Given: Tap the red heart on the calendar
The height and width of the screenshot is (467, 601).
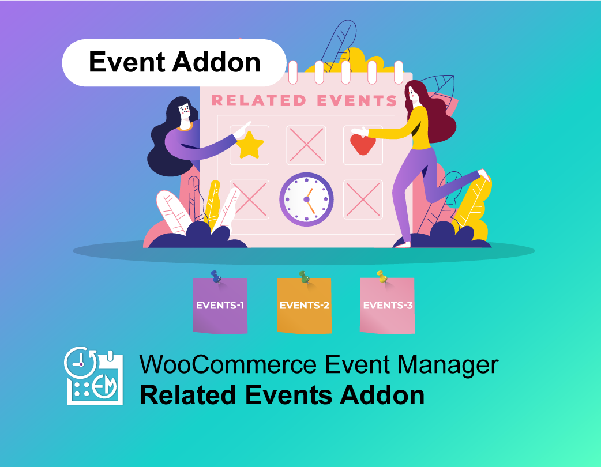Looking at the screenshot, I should tap(363, 144).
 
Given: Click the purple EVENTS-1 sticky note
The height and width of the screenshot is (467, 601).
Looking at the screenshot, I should tap(220, 306).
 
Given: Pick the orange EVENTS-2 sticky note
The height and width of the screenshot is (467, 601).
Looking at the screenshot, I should tap(304, 306).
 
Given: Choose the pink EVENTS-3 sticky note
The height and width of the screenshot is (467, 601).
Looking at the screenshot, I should tap(388, 306).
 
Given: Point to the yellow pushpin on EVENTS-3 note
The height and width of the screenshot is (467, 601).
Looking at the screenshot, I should tap(381, 276).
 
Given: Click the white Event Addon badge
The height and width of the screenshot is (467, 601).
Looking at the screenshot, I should tap(174, 63).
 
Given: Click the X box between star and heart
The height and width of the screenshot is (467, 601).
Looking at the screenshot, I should tap(306, 145).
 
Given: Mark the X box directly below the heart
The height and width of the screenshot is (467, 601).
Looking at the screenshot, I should tap(363, 199).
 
